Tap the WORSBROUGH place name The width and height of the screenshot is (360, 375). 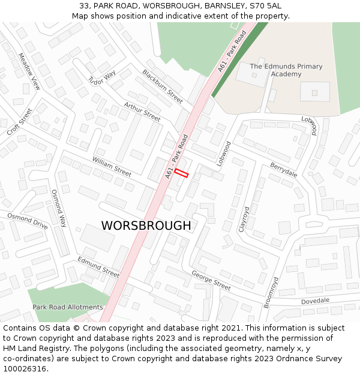(146, 226)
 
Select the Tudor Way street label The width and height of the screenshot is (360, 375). (101, 78)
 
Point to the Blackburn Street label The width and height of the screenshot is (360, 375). (162, 86)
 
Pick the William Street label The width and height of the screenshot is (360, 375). (112, 166)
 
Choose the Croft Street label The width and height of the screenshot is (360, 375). (19, 122)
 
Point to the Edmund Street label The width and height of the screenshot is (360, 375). (98, 267)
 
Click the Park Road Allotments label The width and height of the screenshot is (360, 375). (68, 307)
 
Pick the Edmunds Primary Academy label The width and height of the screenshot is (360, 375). (286, 70)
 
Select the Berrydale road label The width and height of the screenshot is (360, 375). (283, 169)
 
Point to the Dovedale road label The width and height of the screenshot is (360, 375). (315, 301)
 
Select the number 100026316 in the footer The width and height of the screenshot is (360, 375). (25, 368)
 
